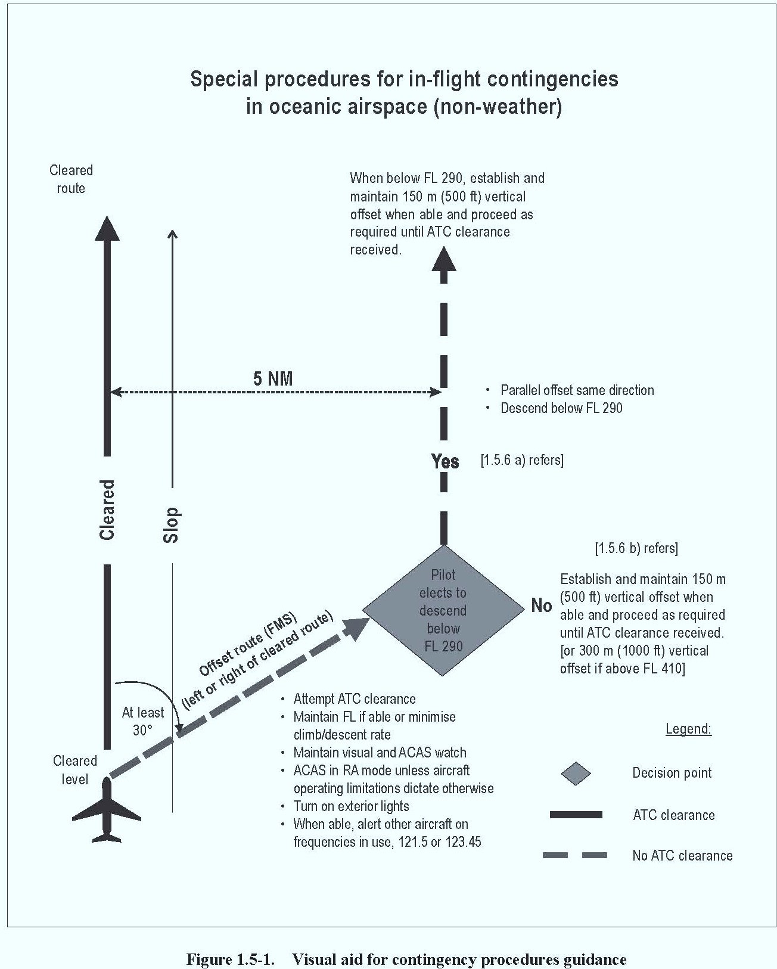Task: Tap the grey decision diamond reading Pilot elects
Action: point(443,610)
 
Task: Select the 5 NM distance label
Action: point(273,378)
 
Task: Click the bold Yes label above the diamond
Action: point(445,461)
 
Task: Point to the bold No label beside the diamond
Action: point(541,605)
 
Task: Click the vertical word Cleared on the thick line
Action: point(107,510)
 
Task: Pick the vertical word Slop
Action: point(171,524)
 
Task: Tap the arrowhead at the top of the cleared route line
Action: point(107,228)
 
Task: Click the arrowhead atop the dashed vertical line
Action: point(444,259)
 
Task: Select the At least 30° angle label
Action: point(142,721)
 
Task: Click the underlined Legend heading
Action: point(688,729)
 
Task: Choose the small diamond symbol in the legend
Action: point(576,774)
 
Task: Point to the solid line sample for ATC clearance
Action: point(576,815)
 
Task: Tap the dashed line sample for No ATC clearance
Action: point(575,855)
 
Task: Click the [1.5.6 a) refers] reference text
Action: point(522,460)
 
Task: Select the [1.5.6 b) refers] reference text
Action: point(636,548)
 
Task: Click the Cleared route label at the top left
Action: point(71,179)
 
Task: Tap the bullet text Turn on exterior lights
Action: point(351,806)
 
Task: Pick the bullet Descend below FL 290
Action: point(561,408)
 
